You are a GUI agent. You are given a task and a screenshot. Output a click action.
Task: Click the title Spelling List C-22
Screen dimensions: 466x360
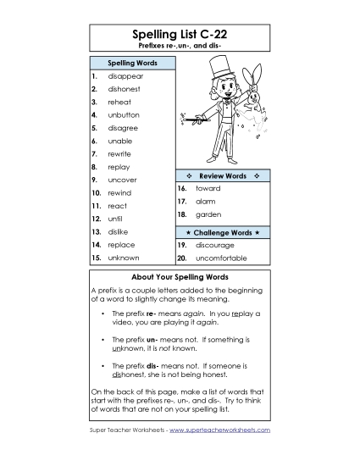180,33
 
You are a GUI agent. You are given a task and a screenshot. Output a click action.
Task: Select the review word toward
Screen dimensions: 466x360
208,188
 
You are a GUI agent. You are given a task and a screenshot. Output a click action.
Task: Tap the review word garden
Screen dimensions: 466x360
208,215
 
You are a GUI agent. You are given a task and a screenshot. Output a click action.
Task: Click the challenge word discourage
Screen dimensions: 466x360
215,244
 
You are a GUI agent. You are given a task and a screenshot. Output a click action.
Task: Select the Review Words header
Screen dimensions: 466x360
223,175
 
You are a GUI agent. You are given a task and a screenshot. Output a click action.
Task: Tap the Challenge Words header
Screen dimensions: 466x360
223,231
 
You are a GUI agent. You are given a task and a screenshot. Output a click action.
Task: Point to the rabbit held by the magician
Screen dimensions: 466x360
252,99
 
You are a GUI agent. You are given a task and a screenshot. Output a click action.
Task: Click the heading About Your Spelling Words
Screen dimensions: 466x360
180,277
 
